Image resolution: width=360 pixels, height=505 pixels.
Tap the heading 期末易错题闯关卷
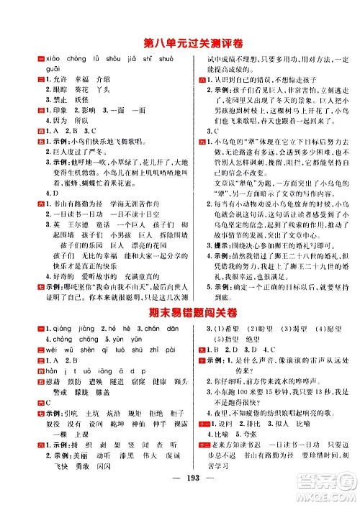180,291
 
